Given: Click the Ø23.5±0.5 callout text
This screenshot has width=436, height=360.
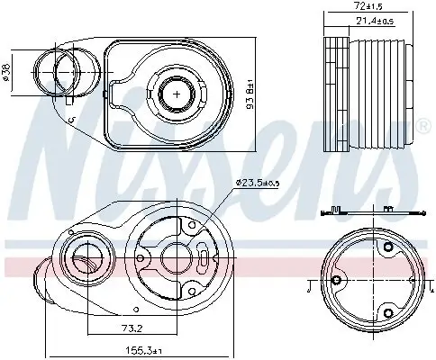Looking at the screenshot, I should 259,184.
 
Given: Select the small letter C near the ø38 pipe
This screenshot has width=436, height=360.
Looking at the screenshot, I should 70,119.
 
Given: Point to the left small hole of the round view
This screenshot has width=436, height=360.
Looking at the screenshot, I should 336,282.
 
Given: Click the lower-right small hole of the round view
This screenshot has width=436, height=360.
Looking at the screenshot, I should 388,312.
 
